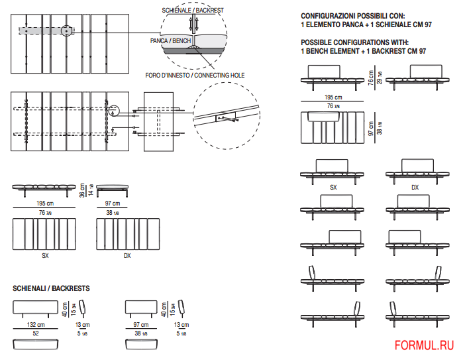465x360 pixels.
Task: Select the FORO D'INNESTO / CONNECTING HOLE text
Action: coord(195,76)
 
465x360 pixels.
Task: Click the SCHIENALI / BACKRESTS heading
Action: coord(52,289)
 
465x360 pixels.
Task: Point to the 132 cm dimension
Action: coord(36,325)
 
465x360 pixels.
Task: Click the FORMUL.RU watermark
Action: coord(424,345)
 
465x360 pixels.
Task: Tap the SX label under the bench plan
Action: coord(45,255)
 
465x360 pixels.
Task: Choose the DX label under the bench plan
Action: coord(127,255)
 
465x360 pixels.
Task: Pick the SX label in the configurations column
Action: coord(333,188)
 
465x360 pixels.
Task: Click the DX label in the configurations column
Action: coord(415,188)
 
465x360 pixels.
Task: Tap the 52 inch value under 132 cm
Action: coord(36,333)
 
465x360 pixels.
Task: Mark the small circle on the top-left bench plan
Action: coord(66,30)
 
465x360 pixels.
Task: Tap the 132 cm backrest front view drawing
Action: coord(36,308)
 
